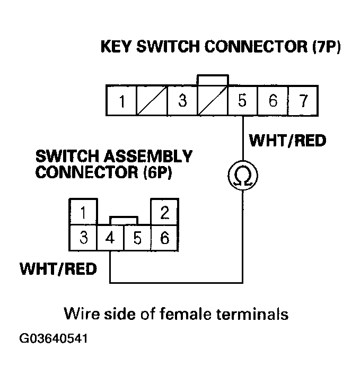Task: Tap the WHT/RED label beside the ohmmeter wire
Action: click(287, 141)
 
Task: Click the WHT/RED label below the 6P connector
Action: click(58, 268)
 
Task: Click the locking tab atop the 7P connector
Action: click(213, 80)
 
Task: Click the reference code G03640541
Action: click(53, 338)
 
